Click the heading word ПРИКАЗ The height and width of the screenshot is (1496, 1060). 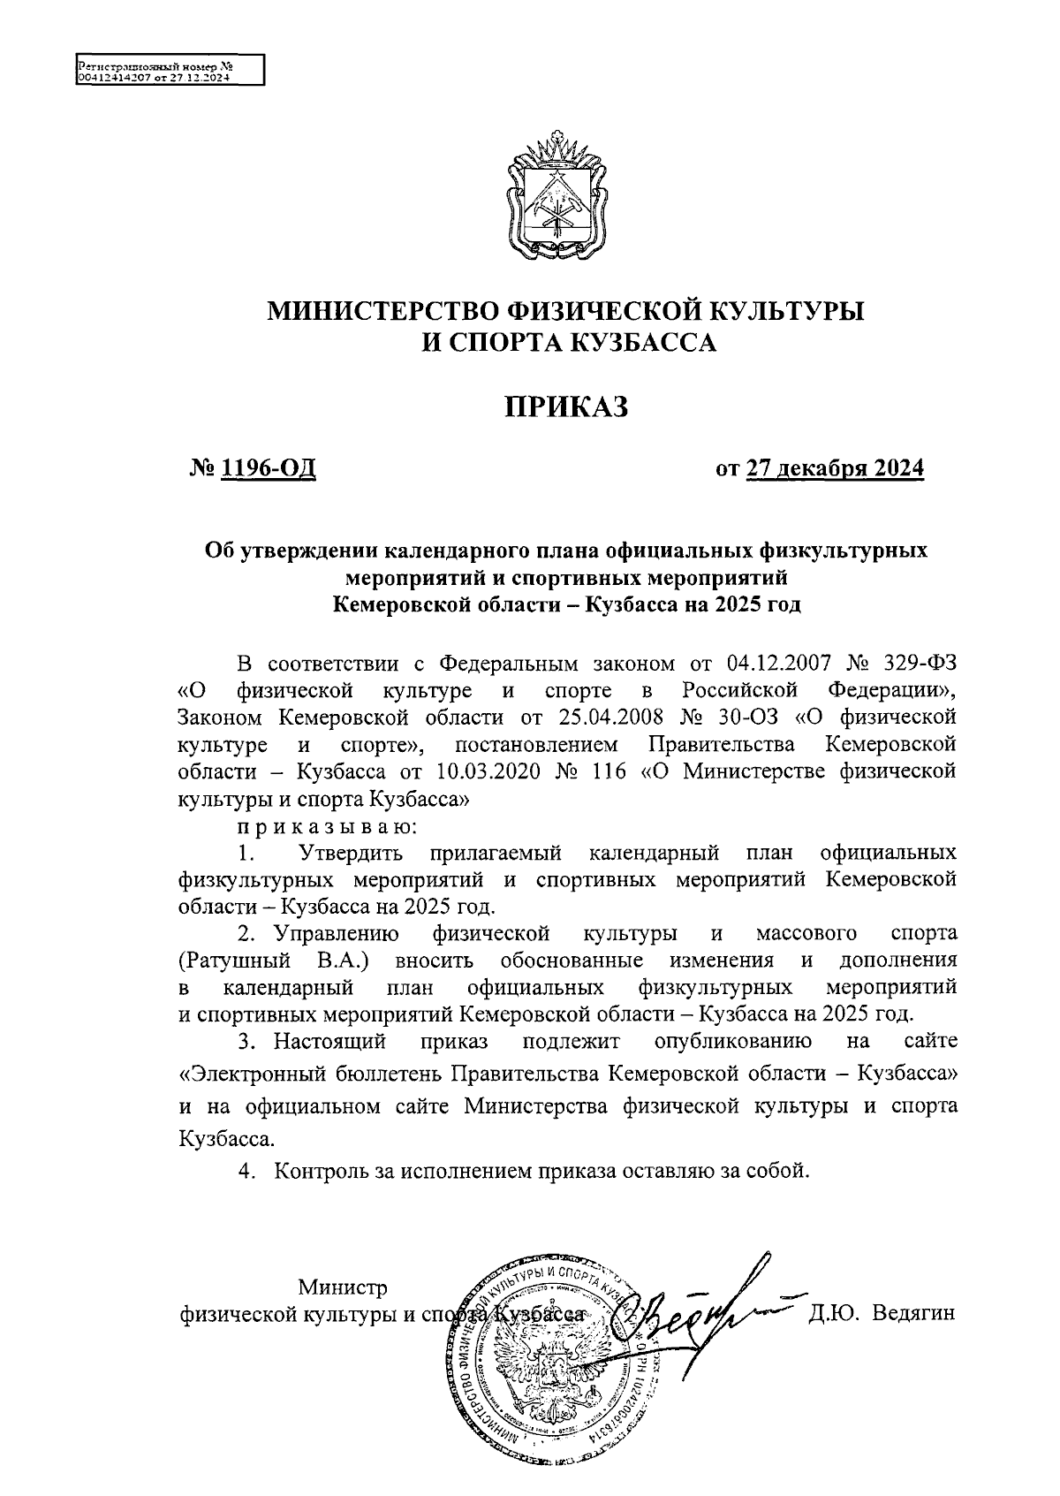566,406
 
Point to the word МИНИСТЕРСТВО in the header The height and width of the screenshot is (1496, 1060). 382,311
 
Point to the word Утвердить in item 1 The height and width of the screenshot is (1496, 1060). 352,854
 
